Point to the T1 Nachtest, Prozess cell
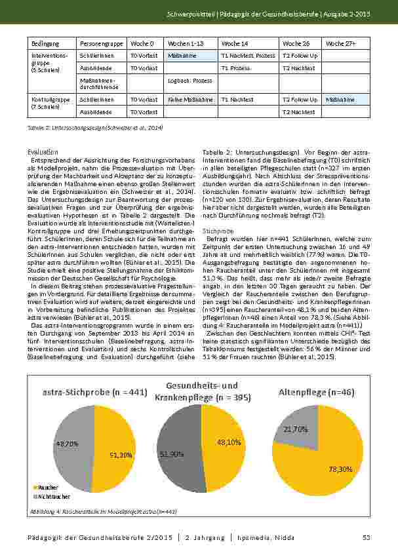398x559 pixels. [x=248, y=56]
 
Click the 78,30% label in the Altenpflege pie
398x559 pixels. [x=340, y=469]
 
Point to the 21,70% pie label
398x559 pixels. [x=296, y=429]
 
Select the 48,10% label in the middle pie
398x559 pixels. [x=229, y=442]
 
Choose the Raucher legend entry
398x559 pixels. [x=47, y=488]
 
